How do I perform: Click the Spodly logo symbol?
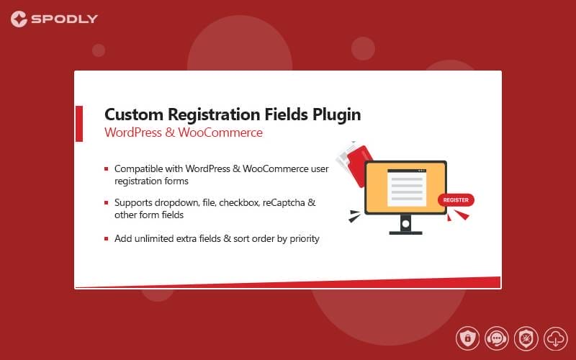pos(19,19)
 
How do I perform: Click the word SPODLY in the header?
pos(65,19)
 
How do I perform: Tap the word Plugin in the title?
pos(337,115)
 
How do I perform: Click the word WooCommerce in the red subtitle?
pos(220,132)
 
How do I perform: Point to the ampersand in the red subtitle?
pos(170,132)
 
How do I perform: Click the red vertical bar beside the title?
pos(79,124)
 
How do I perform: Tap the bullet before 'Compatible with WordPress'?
pos(106,169)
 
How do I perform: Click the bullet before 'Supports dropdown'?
pos(106,203)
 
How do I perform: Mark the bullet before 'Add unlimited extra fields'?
pos(106,239)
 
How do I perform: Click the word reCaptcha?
pos(284,203)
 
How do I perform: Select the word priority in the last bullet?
pos(305,239)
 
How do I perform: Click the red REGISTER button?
pos(456,200)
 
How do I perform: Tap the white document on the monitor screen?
pos(407,188)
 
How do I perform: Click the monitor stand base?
pos(405,233)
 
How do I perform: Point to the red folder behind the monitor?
pos(359,164)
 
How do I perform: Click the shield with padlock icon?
pos(467,338)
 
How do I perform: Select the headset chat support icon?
pos(497,338)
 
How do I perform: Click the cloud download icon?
pos(556,338)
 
